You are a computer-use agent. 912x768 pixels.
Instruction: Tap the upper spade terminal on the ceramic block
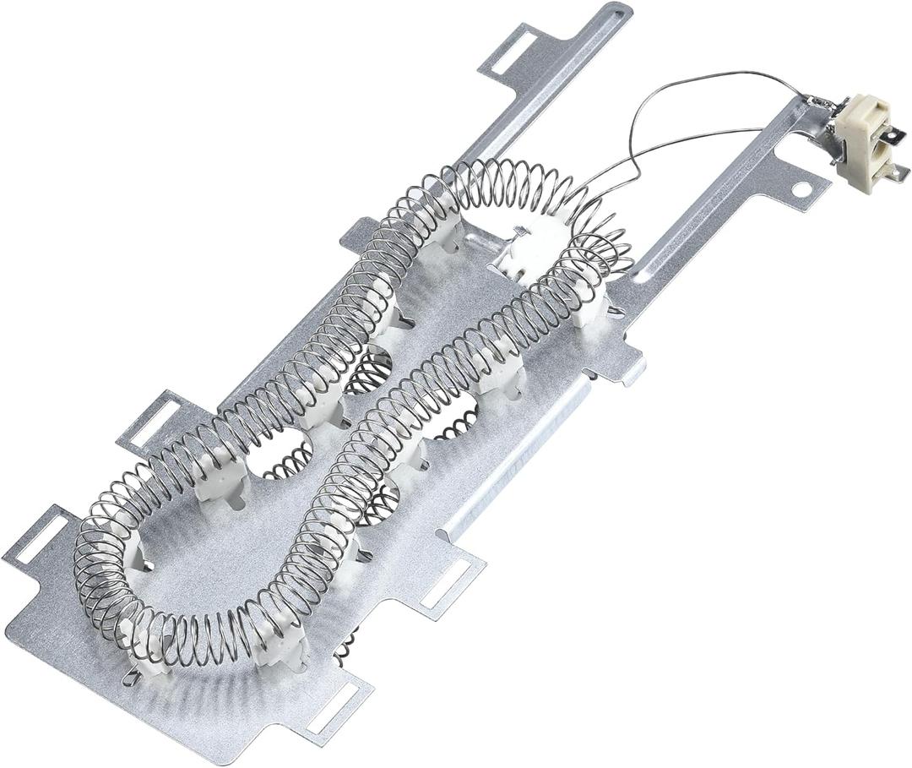[896, 133]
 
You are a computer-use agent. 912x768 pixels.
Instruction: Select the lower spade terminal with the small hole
[897, 172]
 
